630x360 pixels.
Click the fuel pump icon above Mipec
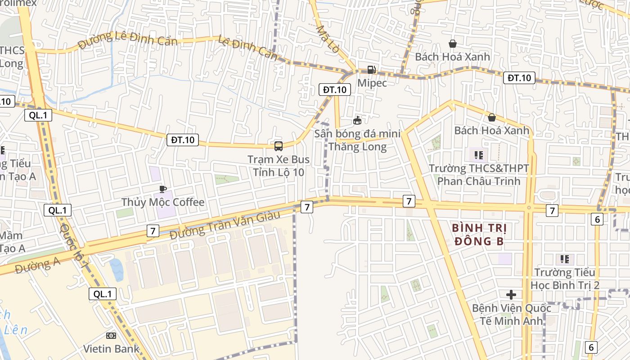372,70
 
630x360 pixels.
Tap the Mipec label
372,83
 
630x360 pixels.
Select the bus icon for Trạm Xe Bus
279,146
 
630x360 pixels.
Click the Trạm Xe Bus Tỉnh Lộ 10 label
279,166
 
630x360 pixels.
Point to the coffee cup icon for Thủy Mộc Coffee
162,189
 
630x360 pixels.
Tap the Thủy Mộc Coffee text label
163,202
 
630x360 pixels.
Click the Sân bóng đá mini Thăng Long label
357,140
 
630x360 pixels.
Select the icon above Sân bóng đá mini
357,120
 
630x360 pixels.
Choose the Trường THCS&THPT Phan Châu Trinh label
479,175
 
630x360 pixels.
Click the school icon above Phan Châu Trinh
478,155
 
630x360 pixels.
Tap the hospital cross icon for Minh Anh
511,295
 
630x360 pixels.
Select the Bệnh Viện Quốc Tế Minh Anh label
511,315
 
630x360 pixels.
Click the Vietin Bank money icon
111,336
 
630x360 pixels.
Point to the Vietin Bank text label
111,349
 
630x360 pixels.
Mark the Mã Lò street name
327,39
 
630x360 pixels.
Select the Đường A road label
37,265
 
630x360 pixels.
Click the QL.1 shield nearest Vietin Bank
103,294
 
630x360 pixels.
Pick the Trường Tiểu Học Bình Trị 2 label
565,279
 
